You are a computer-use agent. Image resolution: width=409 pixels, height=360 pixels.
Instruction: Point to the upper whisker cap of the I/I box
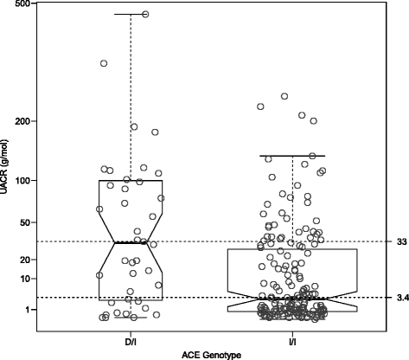click(292, 156)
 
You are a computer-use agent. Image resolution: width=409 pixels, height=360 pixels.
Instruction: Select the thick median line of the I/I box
click(292, 299)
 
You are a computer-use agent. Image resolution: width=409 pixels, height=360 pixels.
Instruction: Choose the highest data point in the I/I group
click(284, 96)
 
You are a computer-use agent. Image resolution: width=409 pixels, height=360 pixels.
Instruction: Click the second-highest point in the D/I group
click(104, 63)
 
